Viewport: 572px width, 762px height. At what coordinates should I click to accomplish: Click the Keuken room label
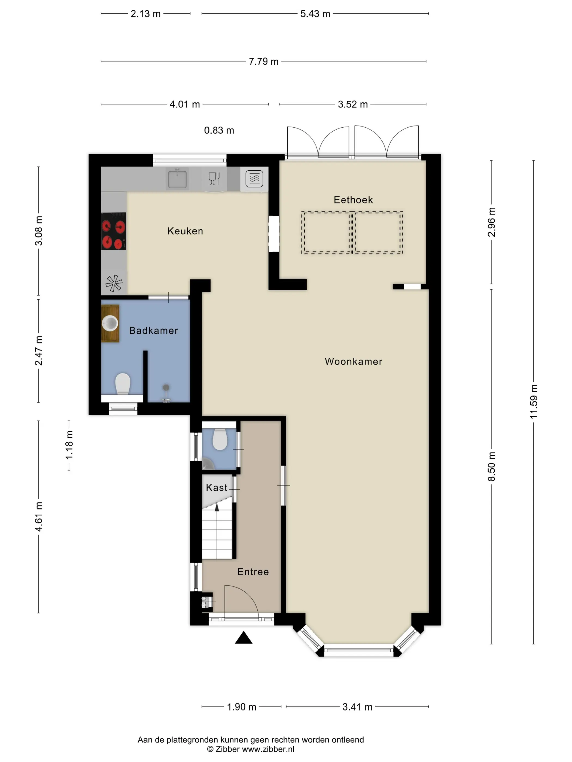(185, 231)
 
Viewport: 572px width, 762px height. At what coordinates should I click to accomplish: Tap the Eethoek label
(353, 200)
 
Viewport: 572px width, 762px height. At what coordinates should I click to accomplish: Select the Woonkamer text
(353, 361)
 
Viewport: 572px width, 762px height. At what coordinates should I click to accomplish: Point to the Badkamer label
(153, 331)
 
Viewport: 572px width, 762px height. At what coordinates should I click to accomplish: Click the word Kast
(217, 487)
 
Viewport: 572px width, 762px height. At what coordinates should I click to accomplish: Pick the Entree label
(253, 572)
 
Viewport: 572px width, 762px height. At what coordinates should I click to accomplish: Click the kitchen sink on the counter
(177, 179)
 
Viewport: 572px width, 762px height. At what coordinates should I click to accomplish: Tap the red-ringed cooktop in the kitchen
(113, 231)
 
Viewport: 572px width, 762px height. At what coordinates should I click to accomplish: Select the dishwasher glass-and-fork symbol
(214, 179)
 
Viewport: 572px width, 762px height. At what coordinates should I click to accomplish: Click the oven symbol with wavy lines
(254, 179)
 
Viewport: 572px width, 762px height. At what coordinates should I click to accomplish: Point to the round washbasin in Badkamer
(110, 323)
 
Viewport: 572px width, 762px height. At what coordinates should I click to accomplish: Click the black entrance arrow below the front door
(244, 637)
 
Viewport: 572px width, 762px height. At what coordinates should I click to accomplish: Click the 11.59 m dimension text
(533, 402)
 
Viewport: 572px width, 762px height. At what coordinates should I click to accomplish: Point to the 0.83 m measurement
(219, 130)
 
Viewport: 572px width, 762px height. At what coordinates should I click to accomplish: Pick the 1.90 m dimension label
(242, 707)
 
